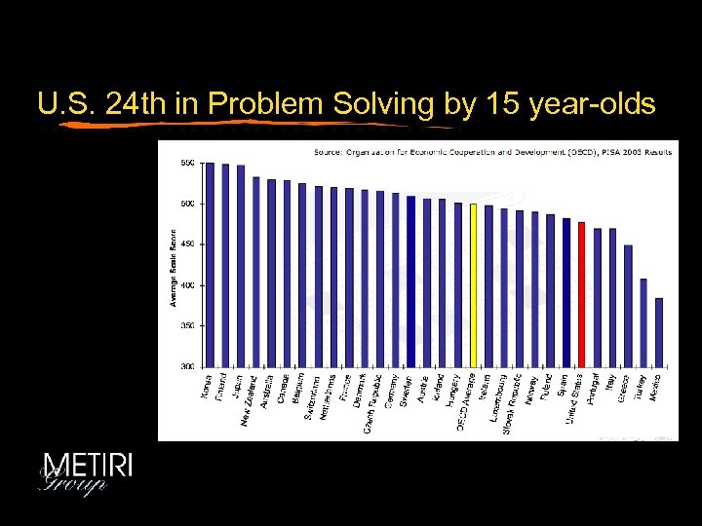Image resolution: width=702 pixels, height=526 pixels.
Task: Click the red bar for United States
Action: (x=581, y=293)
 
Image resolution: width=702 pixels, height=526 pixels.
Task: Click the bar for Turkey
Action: (x=643, y=322)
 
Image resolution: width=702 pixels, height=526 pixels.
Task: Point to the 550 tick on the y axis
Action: (x=187, y=164)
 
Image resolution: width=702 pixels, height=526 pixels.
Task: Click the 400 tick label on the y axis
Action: (x=187, y=285)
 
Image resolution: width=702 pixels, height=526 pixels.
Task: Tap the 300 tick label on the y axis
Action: (x=187, y=366)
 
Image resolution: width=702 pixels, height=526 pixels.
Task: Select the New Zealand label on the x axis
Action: (x=251, y=399)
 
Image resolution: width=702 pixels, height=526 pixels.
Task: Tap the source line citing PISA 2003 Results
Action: (x=492, y=151)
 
